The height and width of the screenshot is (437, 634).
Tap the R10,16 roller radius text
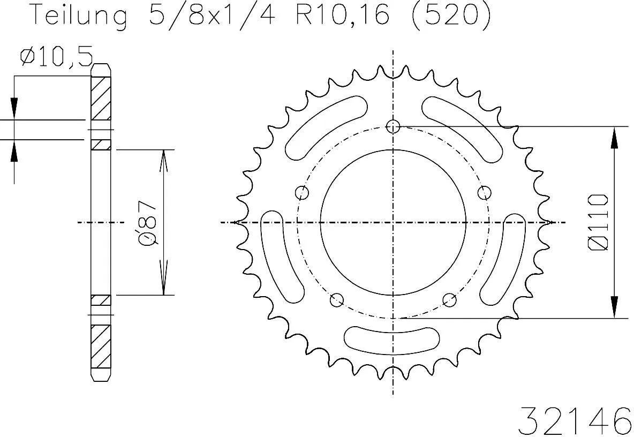pos(342,16)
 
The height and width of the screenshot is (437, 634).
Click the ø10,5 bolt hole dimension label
pos(56,56)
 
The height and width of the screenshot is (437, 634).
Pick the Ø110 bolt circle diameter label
pos(598,222)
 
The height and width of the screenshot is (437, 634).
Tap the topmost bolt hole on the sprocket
pos(394,126)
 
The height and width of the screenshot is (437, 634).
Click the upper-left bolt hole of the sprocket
pos(302,192)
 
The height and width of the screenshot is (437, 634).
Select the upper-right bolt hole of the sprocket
pos(485,192)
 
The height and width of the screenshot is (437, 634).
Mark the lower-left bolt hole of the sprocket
pos(337,300)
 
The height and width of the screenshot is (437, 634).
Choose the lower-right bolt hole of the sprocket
pos(450,300)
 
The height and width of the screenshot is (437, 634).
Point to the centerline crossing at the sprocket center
pos(394,222)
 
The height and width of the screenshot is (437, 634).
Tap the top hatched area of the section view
pos(100,99)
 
